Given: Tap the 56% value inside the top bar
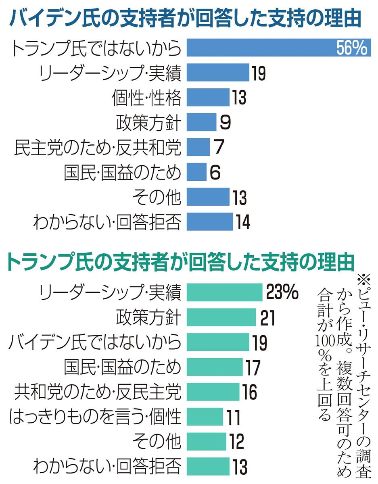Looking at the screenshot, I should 351,48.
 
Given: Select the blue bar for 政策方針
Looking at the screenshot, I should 201,122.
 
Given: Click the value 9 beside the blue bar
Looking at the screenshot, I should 225,122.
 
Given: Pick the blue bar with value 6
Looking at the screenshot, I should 196,172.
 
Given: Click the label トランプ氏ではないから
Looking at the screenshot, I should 96,48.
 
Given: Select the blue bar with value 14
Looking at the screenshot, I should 209,221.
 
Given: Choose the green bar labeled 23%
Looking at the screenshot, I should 224,292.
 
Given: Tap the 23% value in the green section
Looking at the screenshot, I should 282,292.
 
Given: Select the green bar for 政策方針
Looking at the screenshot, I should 221,317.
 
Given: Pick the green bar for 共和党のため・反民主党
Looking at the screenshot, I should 213,392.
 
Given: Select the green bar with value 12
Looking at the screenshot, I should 206,441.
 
